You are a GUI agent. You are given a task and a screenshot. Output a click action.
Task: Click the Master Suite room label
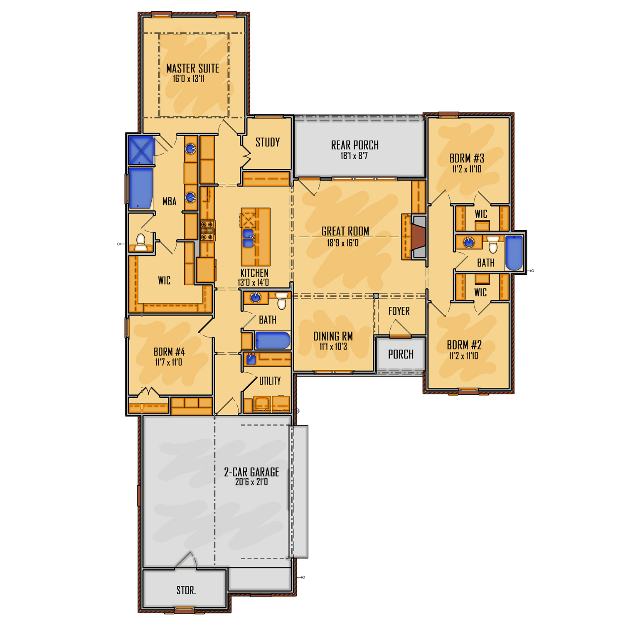[x=192, y=68]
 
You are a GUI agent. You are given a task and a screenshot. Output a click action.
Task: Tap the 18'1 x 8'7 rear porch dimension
[x=354, y=156]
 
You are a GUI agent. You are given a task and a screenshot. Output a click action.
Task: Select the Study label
[x=268, y=142]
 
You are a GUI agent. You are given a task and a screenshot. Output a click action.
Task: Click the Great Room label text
[x=345, y=231]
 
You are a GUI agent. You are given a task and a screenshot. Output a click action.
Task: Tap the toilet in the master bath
[x=141, y=242]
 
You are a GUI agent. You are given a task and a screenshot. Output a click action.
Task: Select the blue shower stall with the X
[x=141, y=150]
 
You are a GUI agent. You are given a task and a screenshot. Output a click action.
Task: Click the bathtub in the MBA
[x=141, y=188]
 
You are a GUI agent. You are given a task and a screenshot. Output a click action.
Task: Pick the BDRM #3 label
[x=467, y=158]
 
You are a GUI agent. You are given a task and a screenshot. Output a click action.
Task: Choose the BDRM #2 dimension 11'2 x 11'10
[x=463, y=356]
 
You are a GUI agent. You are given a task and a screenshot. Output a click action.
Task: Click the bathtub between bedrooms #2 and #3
[x=514, y=253]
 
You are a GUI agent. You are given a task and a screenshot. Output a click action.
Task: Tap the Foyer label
[x=399, y=311]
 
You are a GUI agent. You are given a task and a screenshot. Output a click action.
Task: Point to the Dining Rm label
[x=333, y=336]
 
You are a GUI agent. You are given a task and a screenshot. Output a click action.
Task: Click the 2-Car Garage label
[x=251, y=472]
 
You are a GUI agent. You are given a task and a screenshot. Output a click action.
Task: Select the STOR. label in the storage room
[x=186, y=590]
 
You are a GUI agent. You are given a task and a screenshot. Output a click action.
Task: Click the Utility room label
[x=270, y=381]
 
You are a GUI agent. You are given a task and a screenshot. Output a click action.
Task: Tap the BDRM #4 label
[x=169, y=352]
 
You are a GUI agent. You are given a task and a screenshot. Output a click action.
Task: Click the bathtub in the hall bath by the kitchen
[x=272, y=340]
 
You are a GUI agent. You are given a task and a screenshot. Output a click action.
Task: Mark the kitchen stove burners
[x=208, y=231]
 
